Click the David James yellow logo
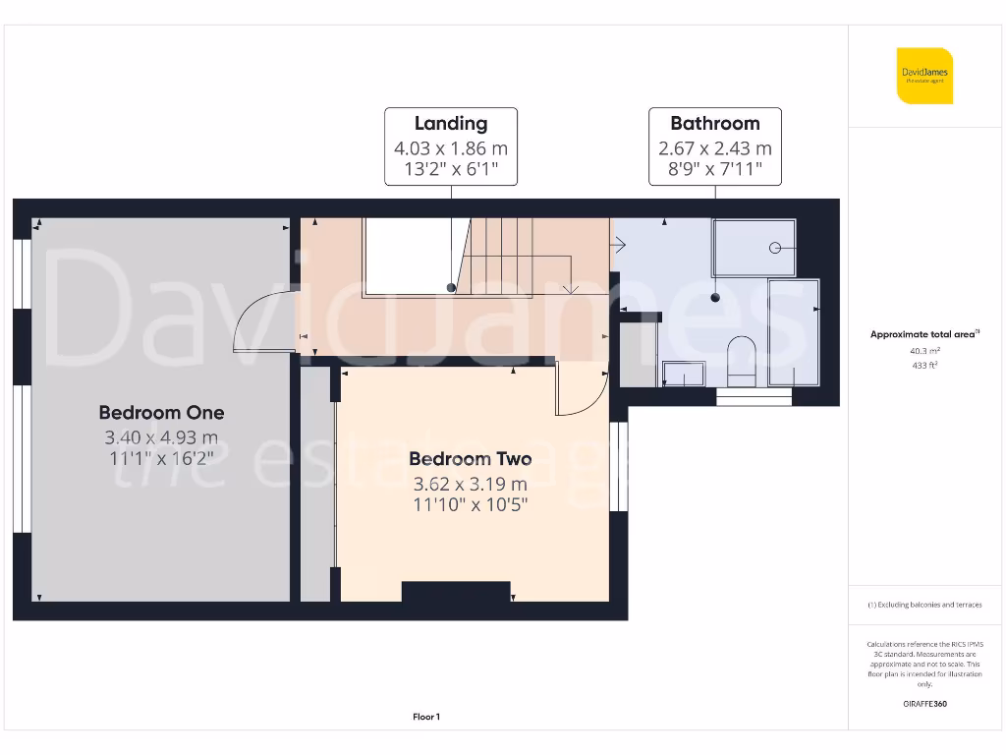923,76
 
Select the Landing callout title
451,124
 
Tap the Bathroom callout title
715,124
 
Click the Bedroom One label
161,413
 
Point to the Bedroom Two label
471,459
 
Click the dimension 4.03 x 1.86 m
451,149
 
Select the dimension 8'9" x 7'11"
715,171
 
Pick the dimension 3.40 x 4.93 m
161,437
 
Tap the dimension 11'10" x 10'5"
471,505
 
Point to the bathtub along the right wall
794,331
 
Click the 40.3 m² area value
923,350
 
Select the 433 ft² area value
923,365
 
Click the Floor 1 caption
426,717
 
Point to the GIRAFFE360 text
923,704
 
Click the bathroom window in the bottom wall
754,397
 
